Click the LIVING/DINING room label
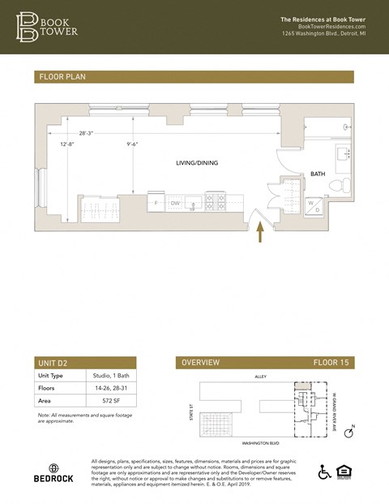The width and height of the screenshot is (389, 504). click(197, 163)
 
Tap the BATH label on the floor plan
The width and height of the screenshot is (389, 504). click(318, 174)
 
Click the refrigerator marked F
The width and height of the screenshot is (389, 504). click(156, 203)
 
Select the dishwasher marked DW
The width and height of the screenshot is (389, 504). click(175, 203)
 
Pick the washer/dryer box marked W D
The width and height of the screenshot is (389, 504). click(313, 206)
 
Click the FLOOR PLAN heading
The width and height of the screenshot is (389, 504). click(62, 77)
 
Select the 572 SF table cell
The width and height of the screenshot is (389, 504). click(101, 401)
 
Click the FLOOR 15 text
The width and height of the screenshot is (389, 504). click(332, 363)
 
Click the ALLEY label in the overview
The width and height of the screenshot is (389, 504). click(262, 377)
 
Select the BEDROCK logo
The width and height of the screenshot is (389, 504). click(53, 473)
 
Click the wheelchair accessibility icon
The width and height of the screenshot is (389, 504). click(324, 472)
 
